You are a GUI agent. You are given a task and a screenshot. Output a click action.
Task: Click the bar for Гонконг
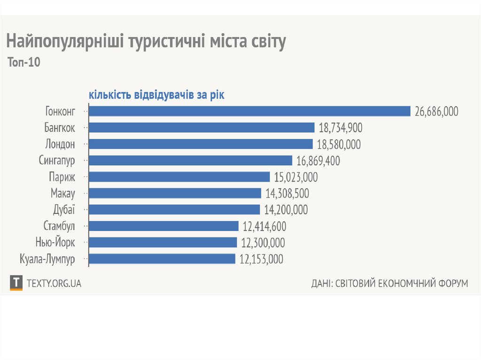pos(250,111)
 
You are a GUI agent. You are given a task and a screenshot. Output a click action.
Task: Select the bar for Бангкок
pos(202,128)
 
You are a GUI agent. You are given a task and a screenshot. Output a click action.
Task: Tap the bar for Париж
pos(179,177)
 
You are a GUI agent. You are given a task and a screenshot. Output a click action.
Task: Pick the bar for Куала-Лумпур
pos(162,259)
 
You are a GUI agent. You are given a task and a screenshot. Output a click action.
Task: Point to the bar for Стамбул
pos(164,226)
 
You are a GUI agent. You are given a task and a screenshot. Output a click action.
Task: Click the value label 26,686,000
pos(436,111)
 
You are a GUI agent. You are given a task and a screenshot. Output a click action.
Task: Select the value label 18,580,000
pos(339,144)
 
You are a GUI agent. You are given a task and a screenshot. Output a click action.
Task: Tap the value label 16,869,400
pos(318,161)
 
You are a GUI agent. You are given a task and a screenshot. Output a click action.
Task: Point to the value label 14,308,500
pos(287,193)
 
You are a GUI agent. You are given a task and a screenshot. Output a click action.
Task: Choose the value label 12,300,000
pos(263,243)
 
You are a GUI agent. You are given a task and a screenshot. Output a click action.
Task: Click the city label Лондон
pos(60,144)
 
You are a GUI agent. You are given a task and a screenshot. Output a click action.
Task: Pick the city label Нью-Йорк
pos(55,243)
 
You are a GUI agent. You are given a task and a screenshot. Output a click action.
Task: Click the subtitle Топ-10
pos(24,62)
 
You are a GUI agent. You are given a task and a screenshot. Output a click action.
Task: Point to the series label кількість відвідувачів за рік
pos(156,95)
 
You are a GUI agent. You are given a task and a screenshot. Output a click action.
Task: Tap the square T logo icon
pos(16,283)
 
